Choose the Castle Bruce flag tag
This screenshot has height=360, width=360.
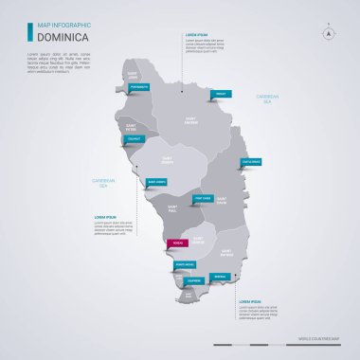(251, 162)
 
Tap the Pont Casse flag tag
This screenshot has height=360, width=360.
(202, 198)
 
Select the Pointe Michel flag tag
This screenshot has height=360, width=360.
(185, 264)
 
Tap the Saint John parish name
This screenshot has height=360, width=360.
(134, 75)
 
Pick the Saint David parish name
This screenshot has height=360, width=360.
(222, 201)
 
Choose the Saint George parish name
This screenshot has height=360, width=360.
(197, 240)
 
